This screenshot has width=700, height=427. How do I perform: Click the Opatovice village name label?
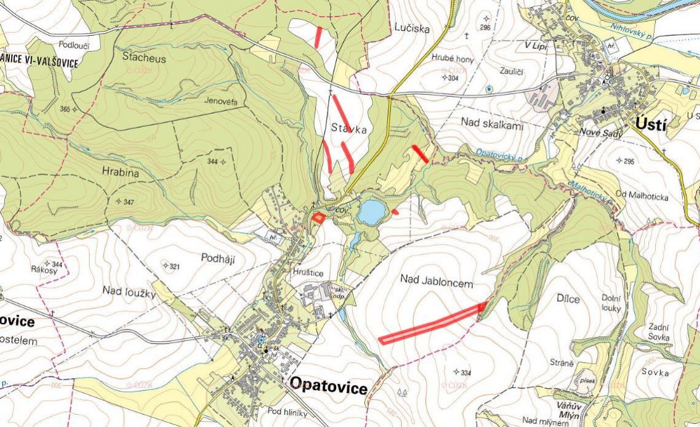tap(328, 387)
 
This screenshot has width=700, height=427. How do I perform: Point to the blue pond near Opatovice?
tap(371, 212)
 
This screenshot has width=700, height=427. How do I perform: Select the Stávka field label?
tap(348, 130)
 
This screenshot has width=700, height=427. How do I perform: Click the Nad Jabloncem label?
tap(436, 282)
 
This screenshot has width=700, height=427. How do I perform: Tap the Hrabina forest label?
tap(121, 174)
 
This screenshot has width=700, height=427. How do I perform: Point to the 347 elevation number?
tap(128, 201)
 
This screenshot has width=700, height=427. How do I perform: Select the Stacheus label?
tap(144, 59)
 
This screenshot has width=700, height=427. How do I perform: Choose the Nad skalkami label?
tap(492, 124)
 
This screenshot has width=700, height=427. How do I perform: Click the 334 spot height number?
tap(465, 372)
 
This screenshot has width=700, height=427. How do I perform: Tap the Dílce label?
tap(567, 299)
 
